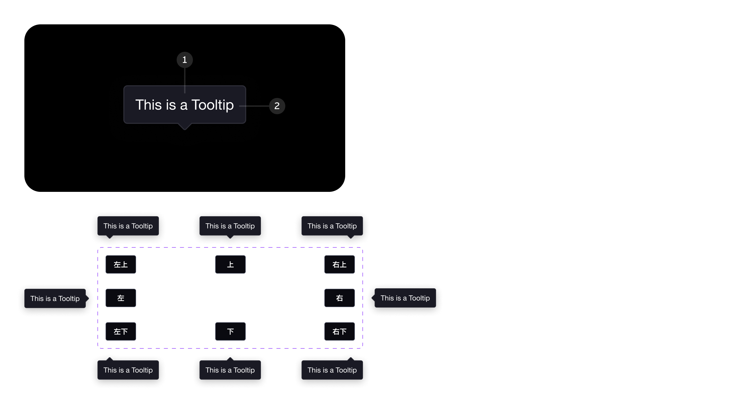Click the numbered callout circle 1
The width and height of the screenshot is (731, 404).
point(185,60)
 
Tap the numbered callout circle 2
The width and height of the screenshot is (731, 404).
point(277,106)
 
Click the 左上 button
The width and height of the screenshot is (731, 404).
point(121,264)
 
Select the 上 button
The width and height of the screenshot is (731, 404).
point(230,264)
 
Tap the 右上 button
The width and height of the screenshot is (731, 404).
point(340,264)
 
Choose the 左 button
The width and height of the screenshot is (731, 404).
point(121,298)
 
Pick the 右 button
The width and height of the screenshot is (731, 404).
point(340,298)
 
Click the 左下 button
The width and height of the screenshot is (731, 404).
point(121,331)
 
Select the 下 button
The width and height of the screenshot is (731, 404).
point(230,331)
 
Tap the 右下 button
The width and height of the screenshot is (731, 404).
point(340,331)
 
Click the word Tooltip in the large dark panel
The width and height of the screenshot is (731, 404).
point(212,105)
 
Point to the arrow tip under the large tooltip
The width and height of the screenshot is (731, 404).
point(185,130)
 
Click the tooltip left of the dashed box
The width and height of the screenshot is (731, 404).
point(55,298)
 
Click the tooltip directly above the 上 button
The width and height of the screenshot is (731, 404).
point(230,226)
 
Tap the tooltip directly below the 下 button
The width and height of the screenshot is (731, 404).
point(230,370)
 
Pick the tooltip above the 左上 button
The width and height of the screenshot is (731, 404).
point(128,226)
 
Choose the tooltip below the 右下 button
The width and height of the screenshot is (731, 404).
point(332,370)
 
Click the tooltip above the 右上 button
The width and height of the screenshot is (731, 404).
point(332,226)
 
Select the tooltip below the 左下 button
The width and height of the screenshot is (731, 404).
point(128,370)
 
